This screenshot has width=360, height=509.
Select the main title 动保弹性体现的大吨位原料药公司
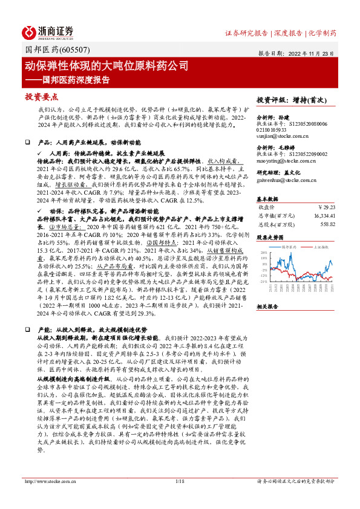tap(106, 65)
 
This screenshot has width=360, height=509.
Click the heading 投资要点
tap(42, 97)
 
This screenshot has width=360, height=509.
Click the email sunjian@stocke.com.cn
tap(279, 137)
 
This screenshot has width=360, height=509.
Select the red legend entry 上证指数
tap(320, 247)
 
